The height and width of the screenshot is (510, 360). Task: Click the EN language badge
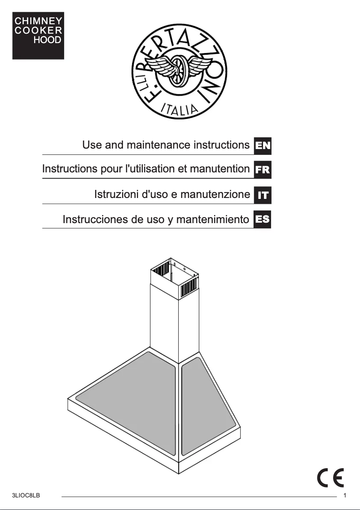click(263, 145)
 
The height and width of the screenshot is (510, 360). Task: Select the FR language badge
click(263, 170)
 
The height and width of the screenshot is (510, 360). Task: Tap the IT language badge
click(263, 195)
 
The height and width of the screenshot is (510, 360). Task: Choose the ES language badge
click(263, 220)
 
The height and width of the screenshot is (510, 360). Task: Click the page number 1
click(344, 496)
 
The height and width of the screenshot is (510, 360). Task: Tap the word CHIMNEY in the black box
click(38, 21)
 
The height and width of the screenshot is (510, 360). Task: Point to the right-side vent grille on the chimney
click(188, 288)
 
